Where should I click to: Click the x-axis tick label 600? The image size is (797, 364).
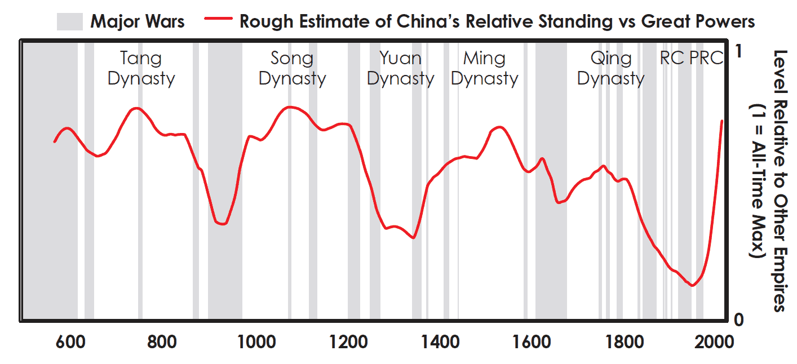pos(69,342)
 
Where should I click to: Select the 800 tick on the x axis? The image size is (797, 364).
pos(162,342)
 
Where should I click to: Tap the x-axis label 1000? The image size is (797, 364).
pos(254,342)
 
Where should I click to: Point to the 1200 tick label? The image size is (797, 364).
pos(347,342)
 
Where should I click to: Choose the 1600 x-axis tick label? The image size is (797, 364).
pos(531,342)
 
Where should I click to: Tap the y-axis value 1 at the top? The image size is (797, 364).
pos(740,51)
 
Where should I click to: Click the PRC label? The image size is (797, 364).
pos(706,58)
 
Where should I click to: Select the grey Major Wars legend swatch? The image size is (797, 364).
pos(70,22)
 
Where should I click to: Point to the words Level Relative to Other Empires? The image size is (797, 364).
pos(778,180)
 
